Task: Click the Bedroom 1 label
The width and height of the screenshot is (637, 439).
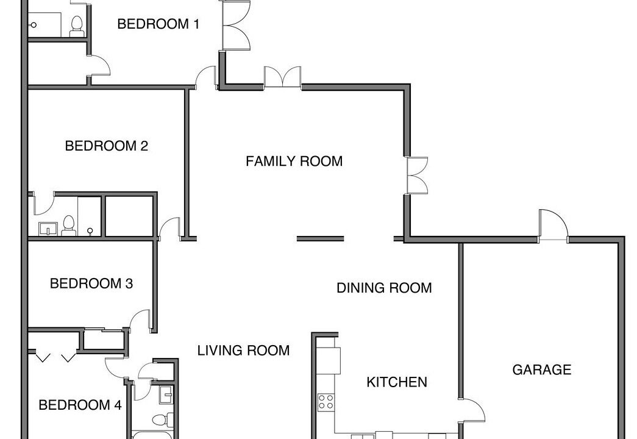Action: click(x=158, y=24)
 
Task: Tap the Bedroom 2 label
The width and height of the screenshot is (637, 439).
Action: click(x=107, y=146)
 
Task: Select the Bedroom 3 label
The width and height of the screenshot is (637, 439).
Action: click(x=91, y=284)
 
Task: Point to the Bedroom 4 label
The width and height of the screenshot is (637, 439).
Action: click(x=80, y=405)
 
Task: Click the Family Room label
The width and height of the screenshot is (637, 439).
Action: click(x=294, y=162)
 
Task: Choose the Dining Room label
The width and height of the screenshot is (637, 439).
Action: click(x=384, y=288)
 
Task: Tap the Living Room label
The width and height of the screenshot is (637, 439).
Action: click(x=243, y=351)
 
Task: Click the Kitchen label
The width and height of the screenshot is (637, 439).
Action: click(x=396, y=382)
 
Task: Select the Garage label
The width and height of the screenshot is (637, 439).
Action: click(x=541, y=369)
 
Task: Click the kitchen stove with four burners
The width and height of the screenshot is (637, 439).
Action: click(x=326, y=402)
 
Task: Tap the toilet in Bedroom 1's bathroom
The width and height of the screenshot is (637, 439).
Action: click(x=76, y=26)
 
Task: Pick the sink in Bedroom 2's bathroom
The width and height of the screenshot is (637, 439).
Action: click(x=48, y=229)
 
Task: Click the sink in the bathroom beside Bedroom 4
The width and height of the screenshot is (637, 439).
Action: click(x=166, y=394)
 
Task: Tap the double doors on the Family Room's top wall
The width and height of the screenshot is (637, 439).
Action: click(x=283, y=77)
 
